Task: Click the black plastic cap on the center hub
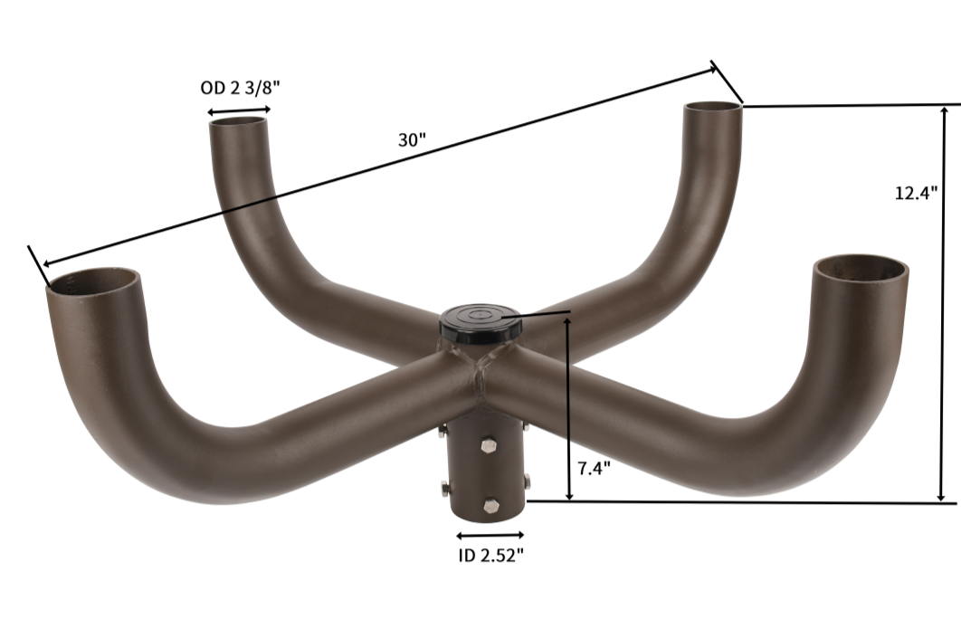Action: coord(480,321)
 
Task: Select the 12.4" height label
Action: coord(916,193)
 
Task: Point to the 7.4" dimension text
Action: coord(594,468)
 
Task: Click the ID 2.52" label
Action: coord(490,556)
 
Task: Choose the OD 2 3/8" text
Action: coord(239,88)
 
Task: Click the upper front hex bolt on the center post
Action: coord(490,445)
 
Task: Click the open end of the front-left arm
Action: coord(94,282)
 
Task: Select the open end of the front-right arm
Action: coord(861,270)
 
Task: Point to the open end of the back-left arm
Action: coord(240,122)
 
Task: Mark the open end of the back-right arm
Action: coord(712,109)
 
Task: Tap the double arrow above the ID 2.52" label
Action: coord(490,536)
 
